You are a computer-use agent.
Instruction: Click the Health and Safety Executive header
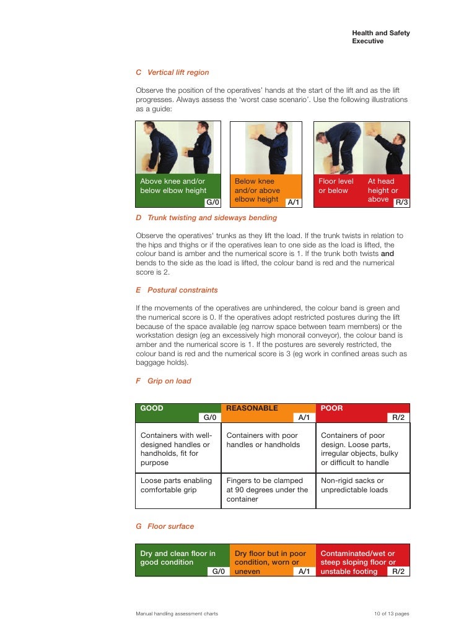[x=380, y=37]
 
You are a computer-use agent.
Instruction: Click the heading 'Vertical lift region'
[x=178, y=72]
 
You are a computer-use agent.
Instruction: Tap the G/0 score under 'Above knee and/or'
[x=213, y=202]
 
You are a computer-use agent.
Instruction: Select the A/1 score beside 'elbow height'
[x=293, y=202]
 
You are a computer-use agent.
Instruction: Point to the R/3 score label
[x=401, y=202]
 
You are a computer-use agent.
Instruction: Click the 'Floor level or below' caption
[x=336, y=186]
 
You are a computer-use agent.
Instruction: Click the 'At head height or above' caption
[x=382, y=190]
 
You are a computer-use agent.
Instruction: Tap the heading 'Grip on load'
[x=169, y=381]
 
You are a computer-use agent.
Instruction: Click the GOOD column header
[x=152, y=408]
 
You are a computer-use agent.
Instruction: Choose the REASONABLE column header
[x=252, y=408]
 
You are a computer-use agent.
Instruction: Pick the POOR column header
[x=331, y=408]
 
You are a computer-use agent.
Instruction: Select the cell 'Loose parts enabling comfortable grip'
[x=177, y=485]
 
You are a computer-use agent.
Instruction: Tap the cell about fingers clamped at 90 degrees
[x=267, y=490]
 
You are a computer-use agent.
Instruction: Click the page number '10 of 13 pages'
[x=392, y=614]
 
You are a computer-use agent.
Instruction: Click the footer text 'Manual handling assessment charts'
[x=177, y=614]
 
